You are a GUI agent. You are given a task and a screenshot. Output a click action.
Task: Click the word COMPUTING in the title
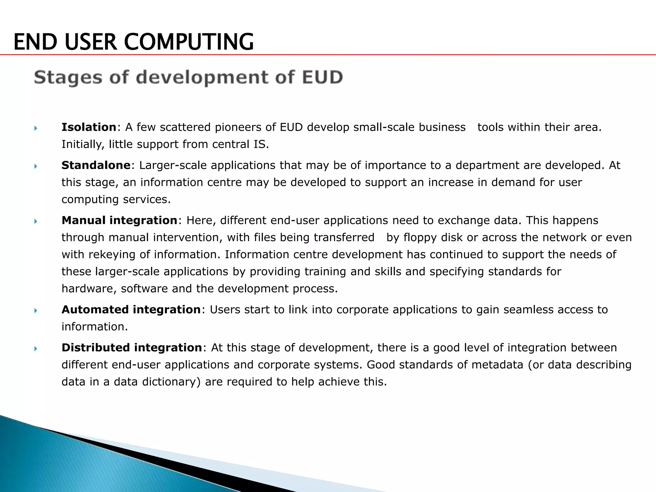(189, 42)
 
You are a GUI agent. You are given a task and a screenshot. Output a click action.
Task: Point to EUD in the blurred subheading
(322, 78)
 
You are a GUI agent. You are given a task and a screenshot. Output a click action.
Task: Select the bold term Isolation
(89, 127)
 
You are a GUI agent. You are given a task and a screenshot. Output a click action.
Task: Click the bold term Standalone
(96, 165)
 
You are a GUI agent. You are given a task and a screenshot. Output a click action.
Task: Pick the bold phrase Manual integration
(119, 220)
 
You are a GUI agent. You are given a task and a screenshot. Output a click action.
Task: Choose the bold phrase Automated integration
(131, 310)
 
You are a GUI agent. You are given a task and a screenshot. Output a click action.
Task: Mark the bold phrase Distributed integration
(132, 348)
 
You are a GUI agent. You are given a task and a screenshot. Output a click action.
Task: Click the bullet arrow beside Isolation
(36, 128)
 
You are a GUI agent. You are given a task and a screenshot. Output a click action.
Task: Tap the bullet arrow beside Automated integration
(36, 311)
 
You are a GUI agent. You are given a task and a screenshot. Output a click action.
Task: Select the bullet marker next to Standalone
(36, 166)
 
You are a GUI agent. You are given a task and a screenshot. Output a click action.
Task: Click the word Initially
(83, 144)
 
